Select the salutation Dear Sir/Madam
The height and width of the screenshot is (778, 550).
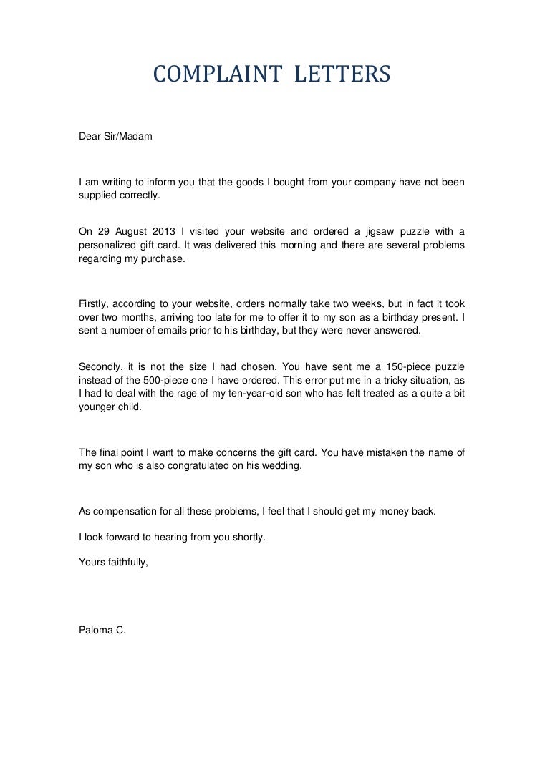pyautogui.click(x=115, y=135)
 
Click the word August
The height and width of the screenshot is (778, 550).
pyautogui.click(x=140, y=230)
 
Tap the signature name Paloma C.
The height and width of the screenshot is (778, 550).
pyautogui.click(x=102, y=631)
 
